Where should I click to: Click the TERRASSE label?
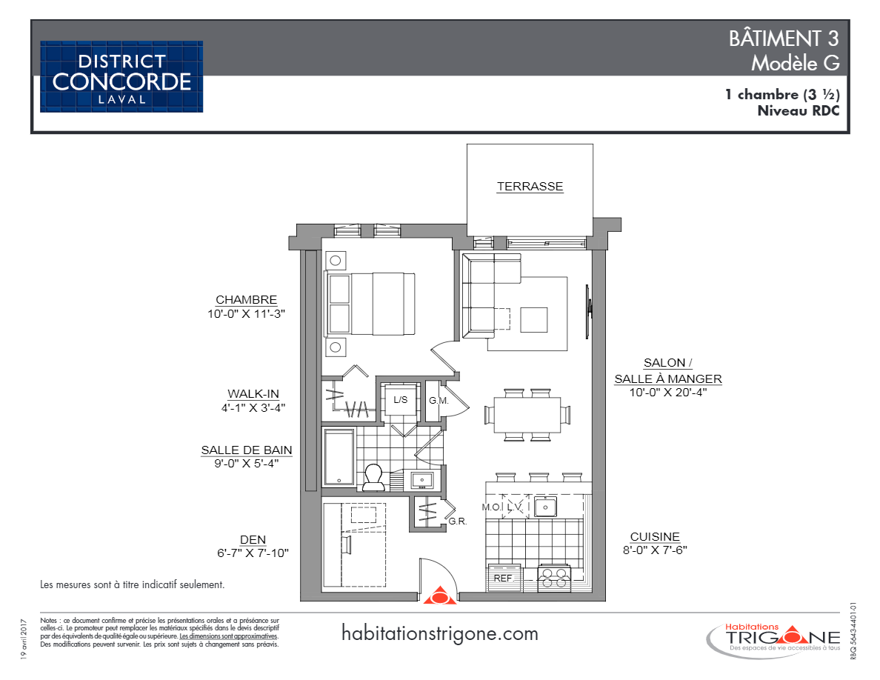(530, 187)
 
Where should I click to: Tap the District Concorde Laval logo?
(121, 76)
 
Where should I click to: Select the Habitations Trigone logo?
(774, 638)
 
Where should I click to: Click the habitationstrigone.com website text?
(440, 634)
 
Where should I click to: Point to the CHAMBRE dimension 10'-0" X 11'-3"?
(246, 313)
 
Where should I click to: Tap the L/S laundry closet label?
(400, 400)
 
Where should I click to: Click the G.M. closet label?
(439, 401)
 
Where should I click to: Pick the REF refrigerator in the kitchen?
(504, 578)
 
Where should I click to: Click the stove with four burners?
(553, 577)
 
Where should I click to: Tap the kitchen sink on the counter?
(547, 507)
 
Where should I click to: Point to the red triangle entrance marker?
(439, 596)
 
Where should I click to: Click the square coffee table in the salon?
(534, 320)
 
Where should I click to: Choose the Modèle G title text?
(795, 64)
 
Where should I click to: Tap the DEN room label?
(253, 539)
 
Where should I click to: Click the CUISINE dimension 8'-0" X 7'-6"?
(655, 550)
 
